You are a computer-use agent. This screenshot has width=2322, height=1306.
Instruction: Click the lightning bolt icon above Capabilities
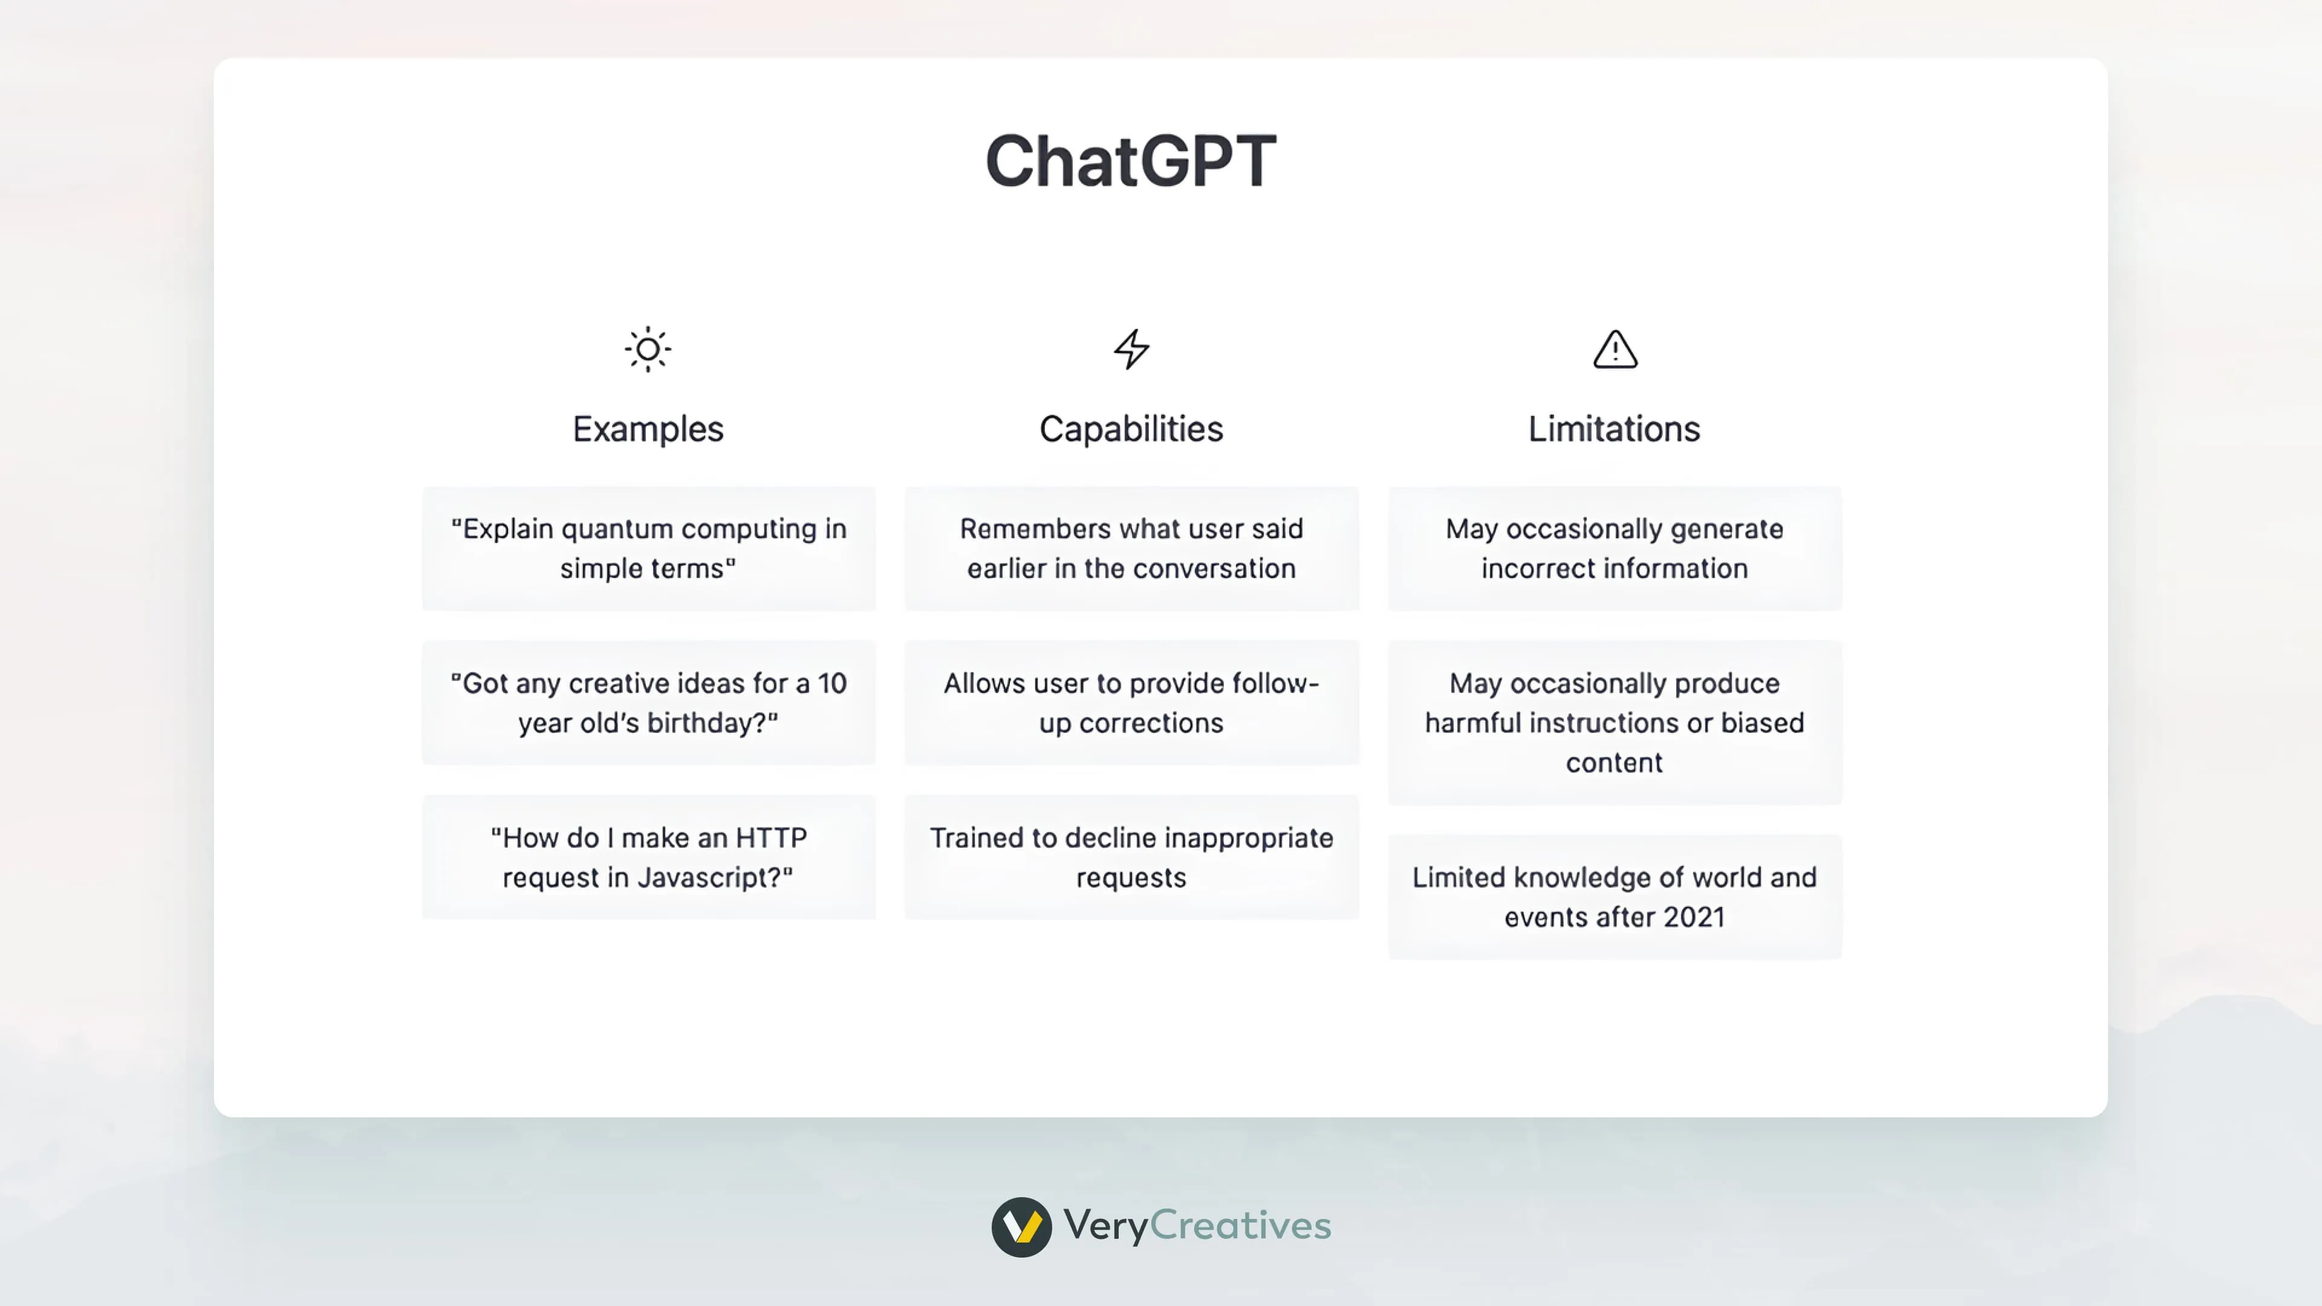click(x=1131, y=349)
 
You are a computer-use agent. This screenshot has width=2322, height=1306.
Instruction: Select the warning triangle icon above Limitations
click(x=1615, y=349)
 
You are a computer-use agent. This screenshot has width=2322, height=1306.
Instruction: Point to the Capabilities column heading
click(x=1131, y=429)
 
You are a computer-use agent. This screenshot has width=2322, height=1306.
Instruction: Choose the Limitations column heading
click(x=1615, y=429)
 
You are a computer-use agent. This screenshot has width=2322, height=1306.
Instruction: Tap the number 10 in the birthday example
click(x=832, y=684)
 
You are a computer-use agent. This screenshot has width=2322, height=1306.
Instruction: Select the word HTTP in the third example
click(x=771, y=838)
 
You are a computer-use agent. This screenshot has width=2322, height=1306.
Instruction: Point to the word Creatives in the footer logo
click(x=1240, y=1226)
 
